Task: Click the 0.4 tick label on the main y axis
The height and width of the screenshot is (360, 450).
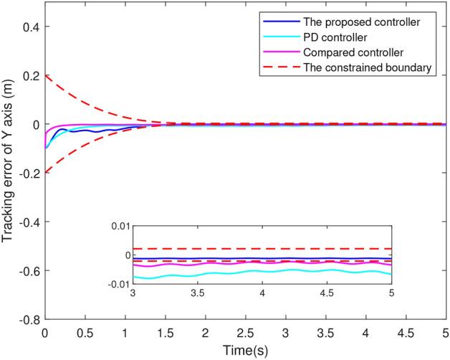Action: (31, 27)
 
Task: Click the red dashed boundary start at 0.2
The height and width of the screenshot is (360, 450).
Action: (46, 76)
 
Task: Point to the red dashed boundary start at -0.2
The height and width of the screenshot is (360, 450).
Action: (46, 172)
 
